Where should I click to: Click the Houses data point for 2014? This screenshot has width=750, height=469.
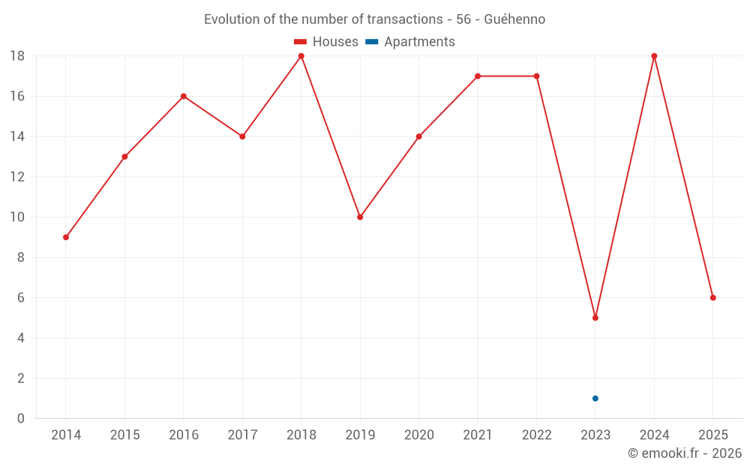coord(66,237)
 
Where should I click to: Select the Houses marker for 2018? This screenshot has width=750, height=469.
coord(301,56)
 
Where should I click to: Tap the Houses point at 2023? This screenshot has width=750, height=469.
coord(595,318)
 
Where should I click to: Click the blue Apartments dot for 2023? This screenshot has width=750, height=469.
coord(595,398)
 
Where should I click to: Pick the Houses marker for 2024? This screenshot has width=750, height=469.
coord(654,56)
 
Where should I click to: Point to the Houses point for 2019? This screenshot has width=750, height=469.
coord(360,218)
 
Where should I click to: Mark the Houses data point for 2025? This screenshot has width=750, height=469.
coord(713,298)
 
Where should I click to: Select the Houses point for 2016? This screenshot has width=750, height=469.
coord(184,96)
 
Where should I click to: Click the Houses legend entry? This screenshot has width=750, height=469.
coord(326,42)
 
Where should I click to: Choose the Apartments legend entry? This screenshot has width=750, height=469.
coord(410,42)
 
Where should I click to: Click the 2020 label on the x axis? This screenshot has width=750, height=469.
coord(418,435)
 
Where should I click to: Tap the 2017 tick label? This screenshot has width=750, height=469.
coord(242,435)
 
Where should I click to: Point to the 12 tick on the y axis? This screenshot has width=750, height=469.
coord(17,177)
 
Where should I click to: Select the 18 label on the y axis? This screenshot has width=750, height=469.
coord(17,56)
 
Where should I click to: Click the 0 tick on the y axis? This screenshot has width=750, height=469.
coord(21,419)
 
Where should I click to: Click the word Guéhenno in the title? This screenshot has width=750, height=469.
coord(514,19)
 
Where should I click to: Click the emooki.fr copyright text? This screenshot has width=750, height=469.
coord(685,453)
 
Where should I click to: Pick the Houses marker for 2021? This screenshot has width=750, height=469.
coord(478,77)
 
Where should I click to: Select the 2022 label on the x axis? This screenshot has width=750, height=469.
coord(536,435)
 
